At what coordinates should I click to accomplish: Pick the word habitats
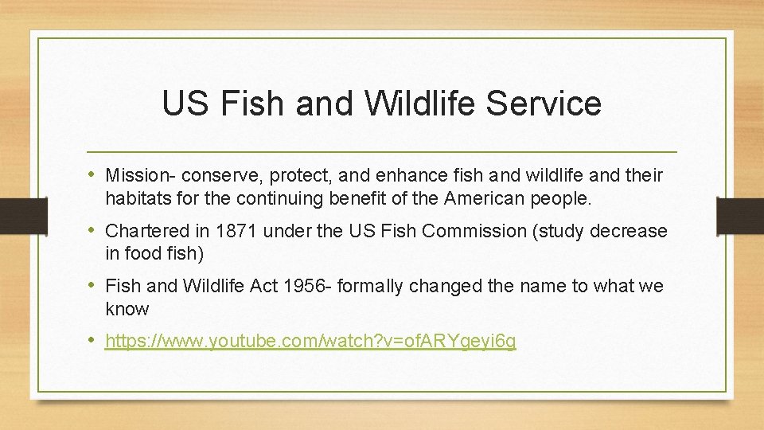point(136,198)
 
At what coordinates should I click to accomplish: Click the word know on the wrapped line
point(127,309)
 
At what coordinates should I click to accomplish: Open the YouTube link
point(310,342)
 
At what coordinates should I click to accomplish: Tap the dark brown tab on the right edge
point(739,215)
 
